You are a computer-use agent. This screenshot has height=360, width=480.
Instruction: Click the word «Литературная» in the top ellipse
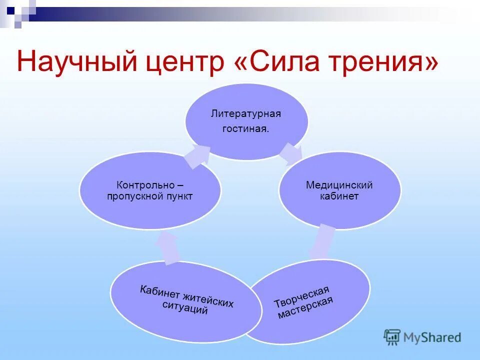[x=246, y=114]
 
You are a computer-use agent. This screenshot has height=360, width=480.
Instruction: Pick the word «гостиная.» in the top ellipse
[x=246, y=129]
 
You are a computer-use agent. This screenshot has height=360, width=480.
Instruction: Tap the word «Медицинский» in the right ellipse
[x=339, y=185]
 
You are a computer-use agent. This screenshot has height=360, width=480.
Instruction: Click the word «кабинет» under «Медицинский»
[x=339, y=196]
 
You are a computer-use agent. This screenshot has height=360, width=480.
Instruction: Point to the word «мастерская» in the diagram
[x=306, y=308]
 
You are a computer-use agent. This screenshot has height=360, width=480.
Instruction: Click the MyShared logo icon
[x=392, y=337]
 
